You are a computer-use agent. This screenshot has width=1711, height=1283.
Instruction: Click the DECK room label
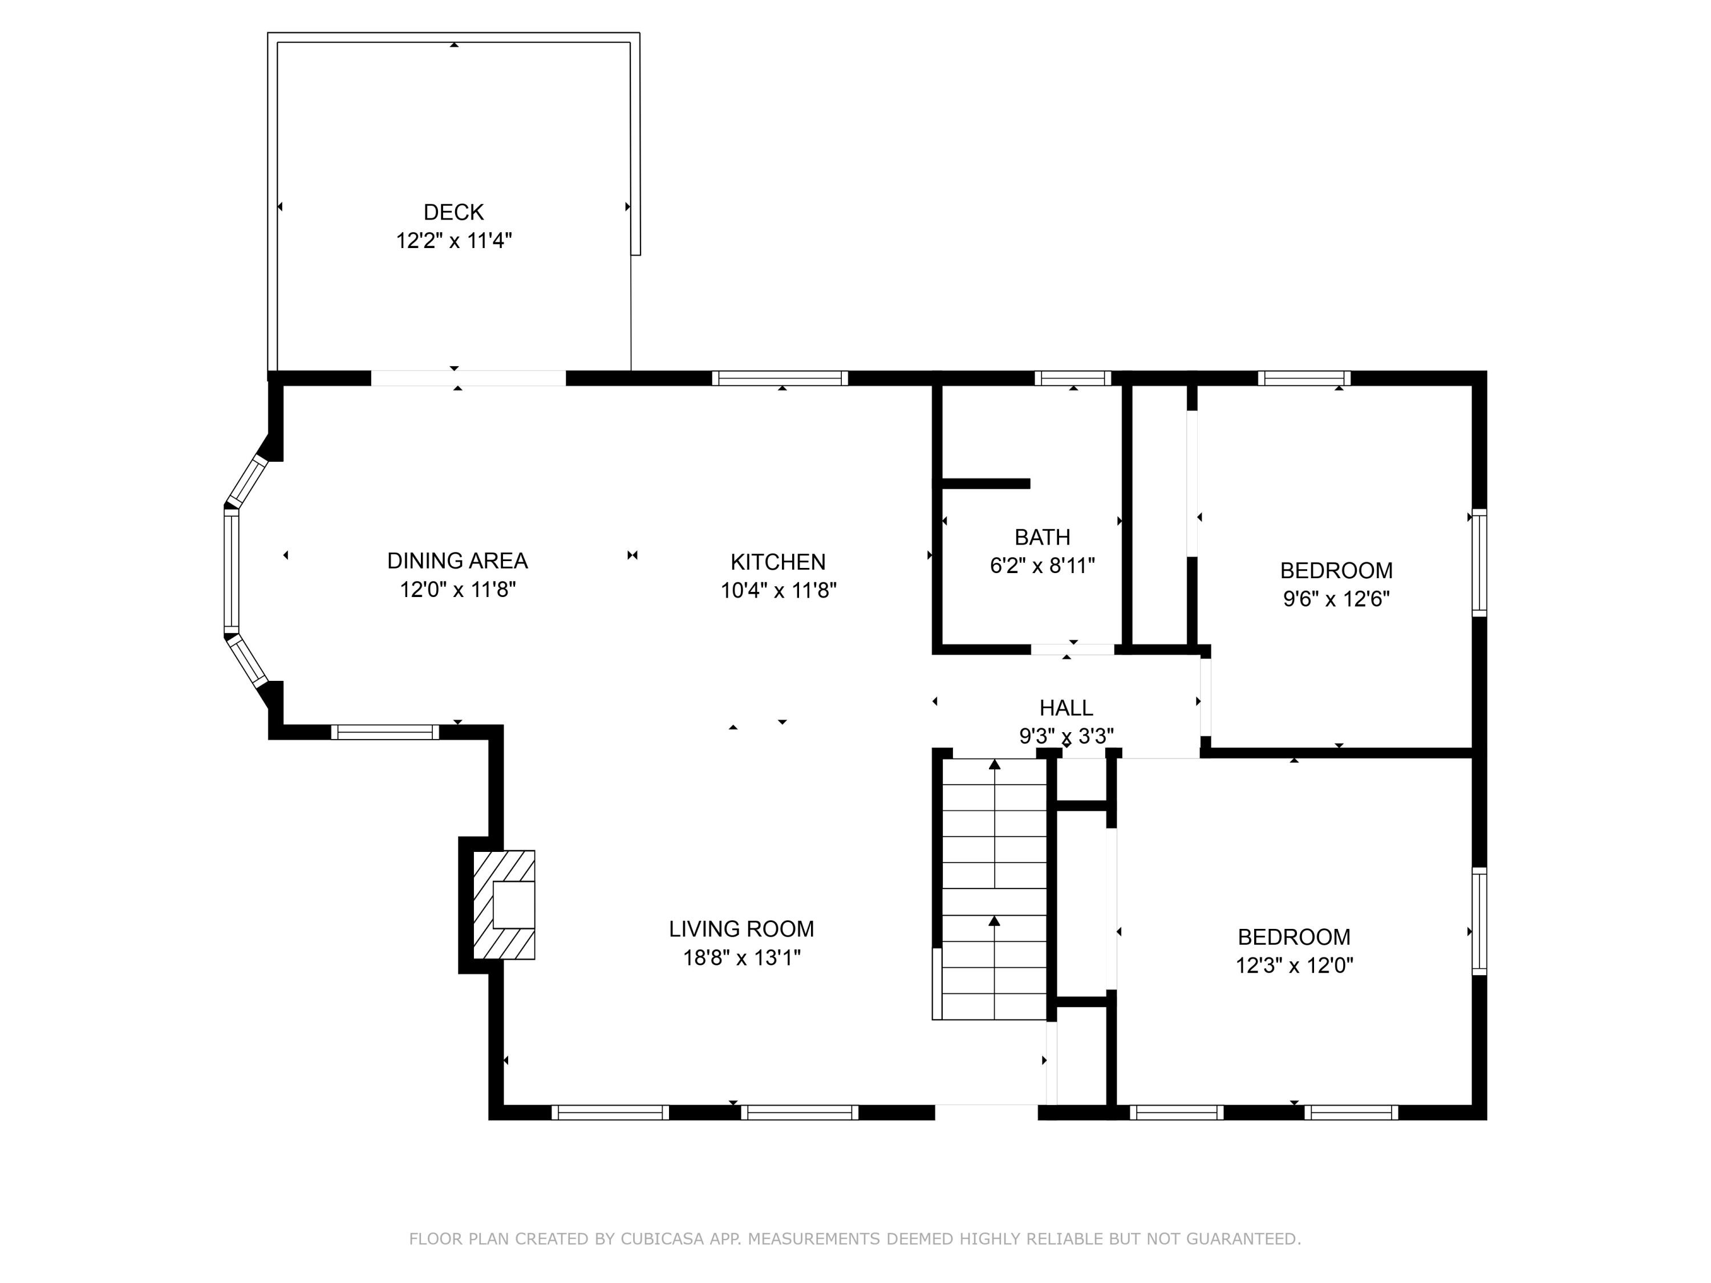[x=453, y=212]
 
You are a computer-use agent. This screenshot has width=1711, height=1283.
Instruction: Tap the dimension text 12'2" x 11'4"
[x=454, y=241]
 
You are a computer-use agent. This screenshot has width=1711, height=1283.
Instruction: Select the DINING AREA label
[x=457, y=561]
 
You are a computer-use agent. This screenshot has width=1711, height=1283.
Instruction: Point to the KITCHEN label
[x=778, y=562]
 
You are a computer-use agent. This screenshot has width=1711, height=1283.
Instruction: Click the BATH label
[x=1043, y=537]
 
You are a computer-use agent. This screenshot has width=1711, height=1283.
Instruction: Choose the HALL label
[x=1066, y=708]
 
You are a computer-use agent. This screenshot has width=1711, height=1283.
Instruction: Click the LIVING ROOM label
[x=741, y=929]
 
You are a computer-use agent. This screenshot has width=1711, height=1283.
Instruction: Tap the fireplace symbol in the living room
[x=504, y=906]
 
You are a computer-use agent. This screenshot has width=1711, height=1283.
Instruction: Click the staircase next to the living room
[x=994, y=890]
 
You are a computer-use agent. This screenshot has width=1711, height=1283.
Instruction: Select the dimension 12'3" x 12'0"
[x=1294, y=965]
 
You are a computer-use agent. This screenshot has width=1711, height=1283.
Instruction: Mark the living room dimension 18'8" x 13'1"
[x=741, y=958]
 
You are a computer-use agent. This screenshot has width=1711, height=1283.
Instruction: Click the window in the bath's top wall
[x=1073, y=378]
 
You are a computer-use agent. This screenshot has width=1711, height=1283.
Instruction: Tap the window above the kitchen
[x=780, y=378]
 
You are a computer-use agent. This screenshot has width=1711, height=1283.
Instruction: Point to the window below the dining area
[x=385, y=732]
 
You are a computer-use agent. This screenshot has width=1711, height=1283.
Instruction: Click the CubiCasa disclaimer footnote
[x=855, y=1239]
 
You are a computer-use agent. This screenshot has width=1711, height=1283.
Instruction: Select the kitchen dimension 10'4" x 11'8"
[x=778, y=591]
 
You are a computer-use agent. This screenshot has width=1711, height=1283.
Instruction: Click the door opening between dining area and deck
[x=469, y=378]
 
